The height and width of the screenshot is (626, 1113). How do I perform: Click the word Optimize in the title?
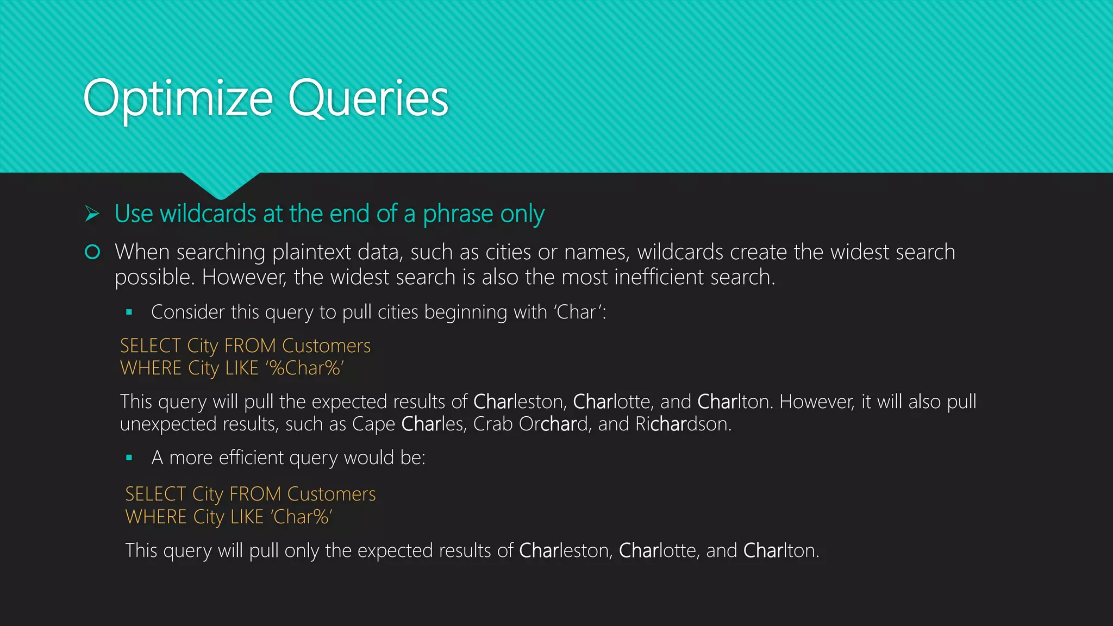(x=178, y=99)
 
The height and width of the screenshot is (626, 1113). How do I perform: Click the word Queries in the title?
(x=368, y=99)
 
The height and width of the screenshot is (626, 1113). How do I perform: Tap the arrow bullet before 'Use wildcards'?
(x=92, y=214)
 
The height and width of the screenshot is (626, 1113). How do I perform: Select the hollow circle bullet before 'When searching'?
(x=92, y=252)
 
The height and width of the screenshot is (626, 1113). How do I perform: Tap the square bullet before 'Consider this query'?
(x=129, y=312)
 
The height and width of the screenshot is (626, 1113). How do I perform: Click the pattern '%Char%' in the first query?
(x=305, y=368)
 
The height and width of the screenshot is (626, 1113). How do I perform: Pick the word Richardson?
(x=683, y=424)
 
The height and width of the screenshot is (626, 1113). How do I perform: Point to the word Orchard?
(x=553, y=424)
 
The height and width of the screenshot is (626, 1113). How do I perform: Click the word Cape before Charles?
(x=373, y=424)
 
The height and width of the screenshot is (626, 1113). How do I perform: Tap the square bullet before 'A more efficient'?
(x=129, y=458)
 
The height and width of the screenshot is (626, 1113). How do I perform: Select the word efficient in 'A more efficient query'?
(x=251, y=458)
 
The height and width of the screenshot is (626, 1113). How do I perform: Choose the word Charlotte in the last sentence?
(x=658, y=551)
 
